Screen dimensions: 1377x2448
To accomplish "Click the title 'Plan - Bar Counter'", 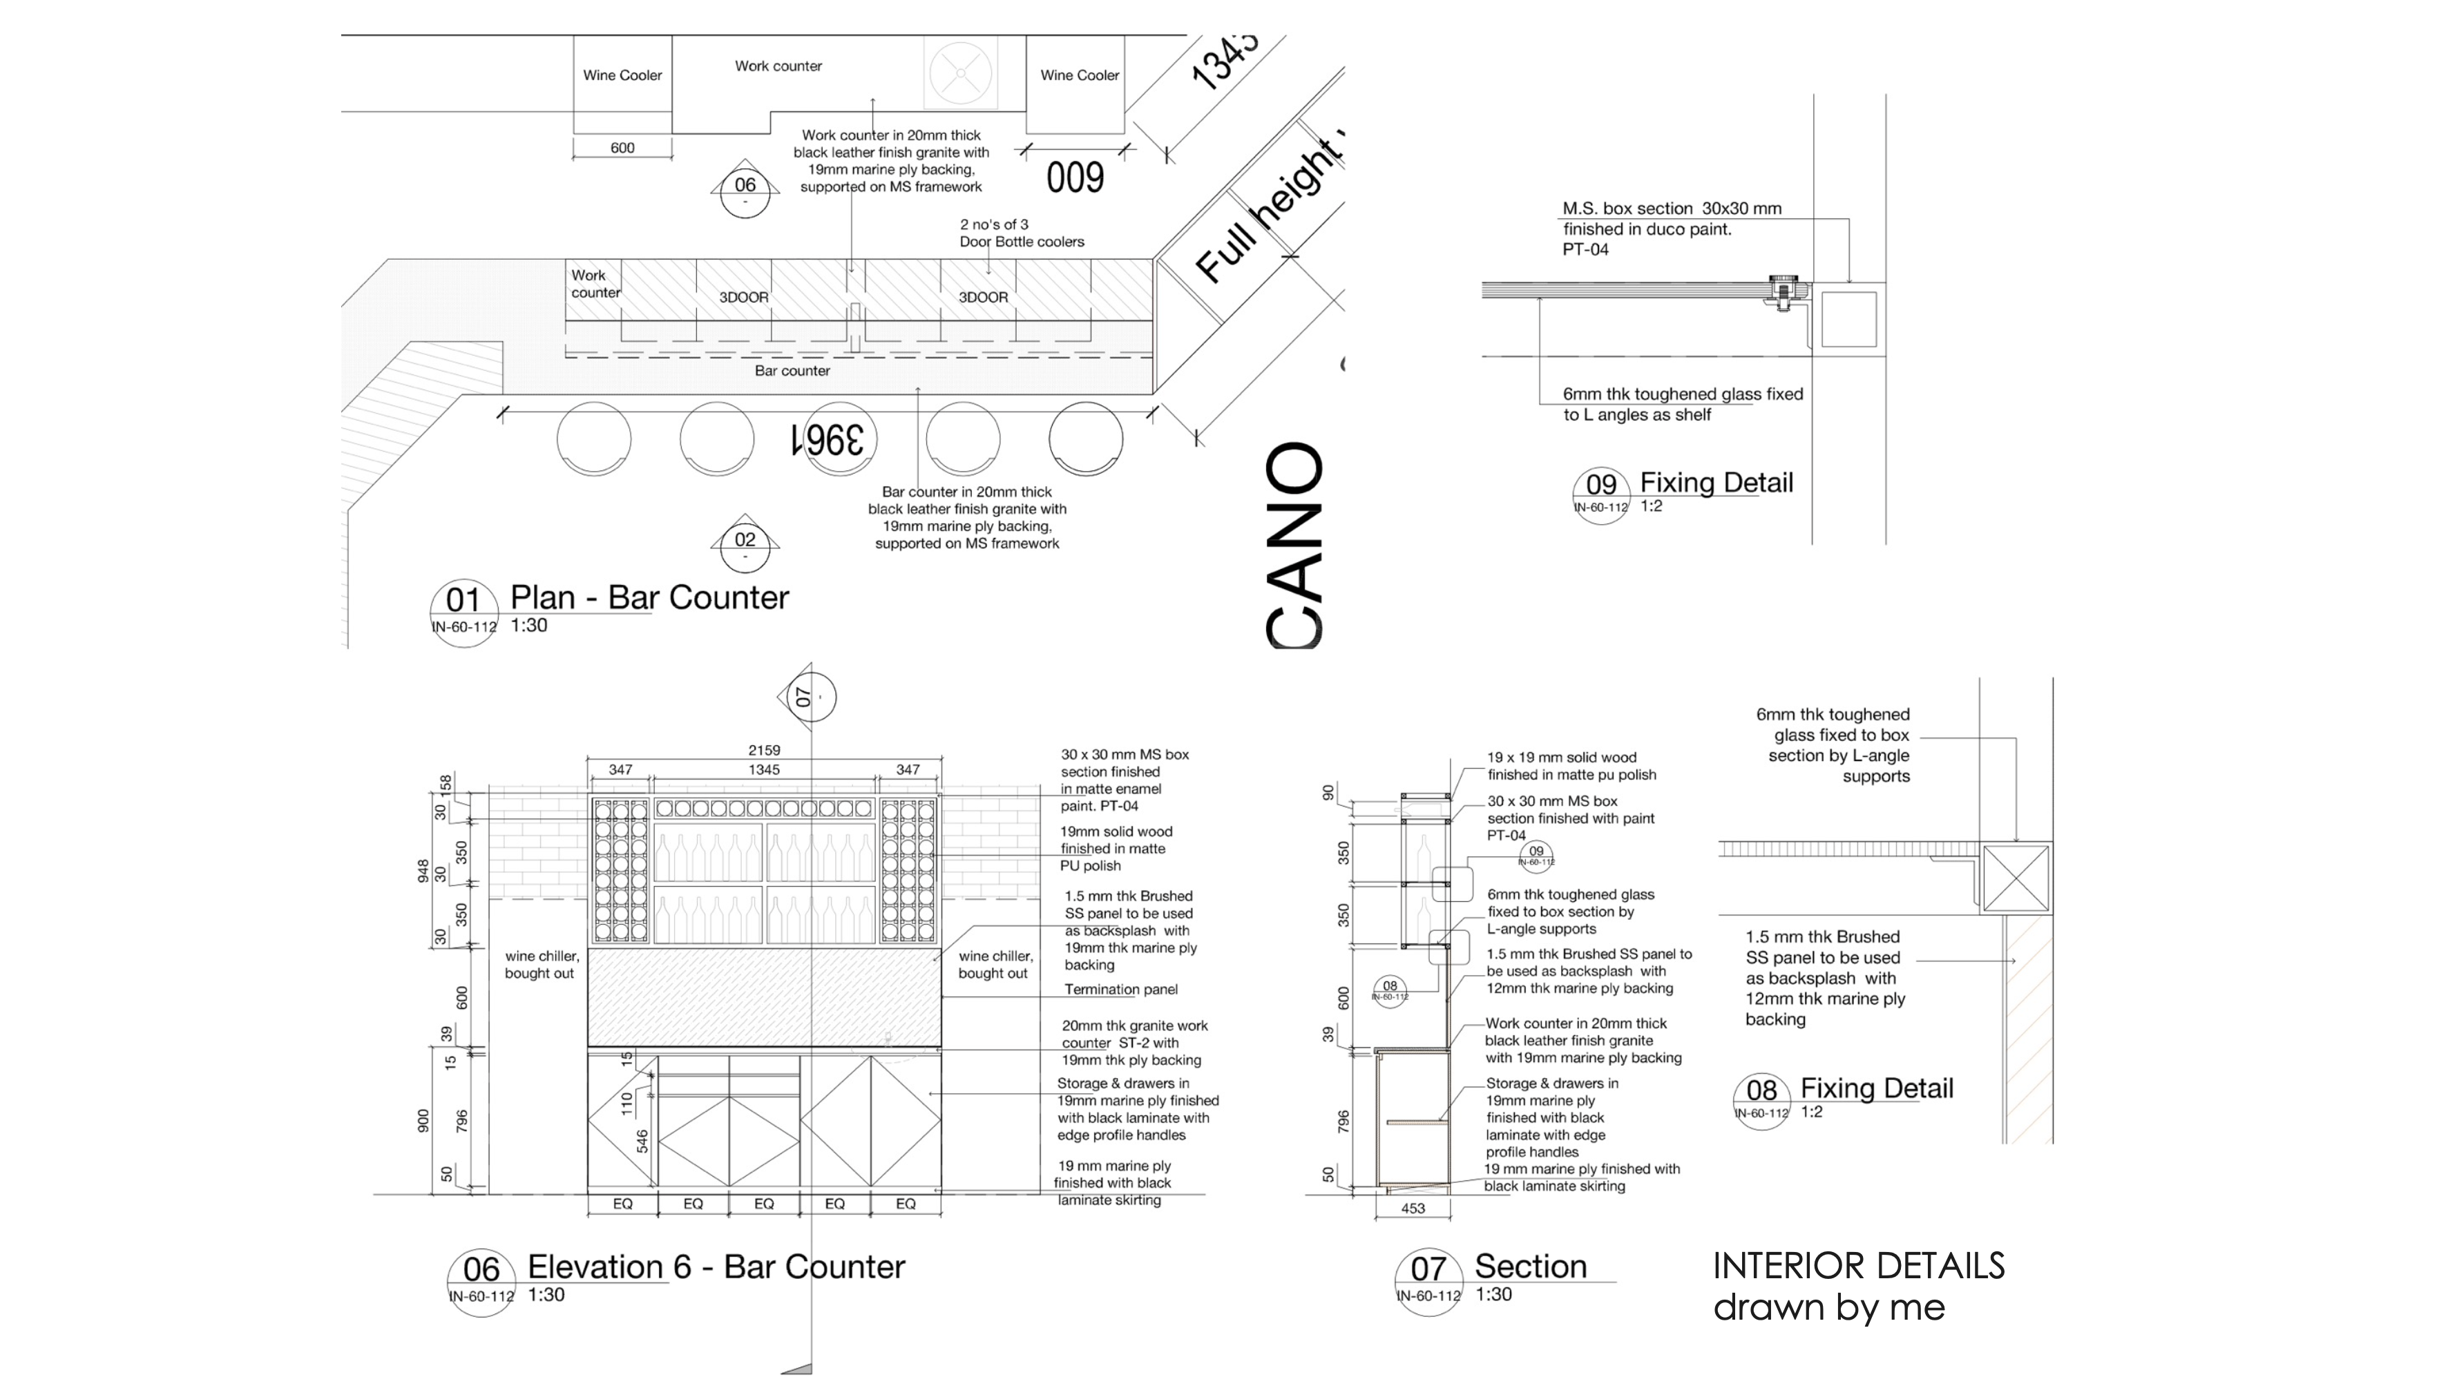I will (649, 598).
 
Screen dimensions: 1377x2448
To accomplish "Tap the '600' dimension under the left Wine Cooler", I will (622, 148).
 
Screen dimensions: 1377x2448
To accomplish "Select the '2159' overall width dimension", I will (764, 751).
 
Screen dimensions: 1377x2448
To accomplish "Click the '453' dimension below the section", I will (1413, 1209).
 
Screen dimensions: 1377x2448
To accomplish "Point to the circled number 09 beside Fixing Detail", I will (1601, 485).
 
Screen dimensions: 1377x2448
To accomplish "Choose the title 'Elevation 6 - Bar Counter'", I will (716, 1267).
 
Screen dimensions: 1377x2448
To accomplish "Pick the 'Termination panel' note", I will (1120, 990).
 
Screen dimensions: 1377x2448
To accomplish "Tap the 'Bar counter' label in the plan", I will (792, 371).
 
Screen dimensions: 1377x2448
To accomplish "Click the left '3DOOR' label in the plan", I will (743, 298).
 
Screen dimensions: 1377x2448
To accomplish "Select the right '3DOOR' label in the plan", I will (983, 298).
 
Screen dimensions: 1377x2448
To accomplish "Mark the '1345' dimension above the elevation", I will (764, 770).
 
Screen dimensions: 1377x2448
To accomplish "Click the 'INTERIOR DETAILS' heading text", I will (1858, 1266).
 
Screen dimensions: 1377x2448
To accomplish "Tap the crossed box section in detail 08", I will (2016, 878).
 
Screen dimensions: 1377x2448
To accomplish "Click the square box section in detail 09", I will (1848, 319).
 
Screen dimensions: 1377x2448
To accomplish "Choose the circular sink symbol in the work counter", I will (960, 73).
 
